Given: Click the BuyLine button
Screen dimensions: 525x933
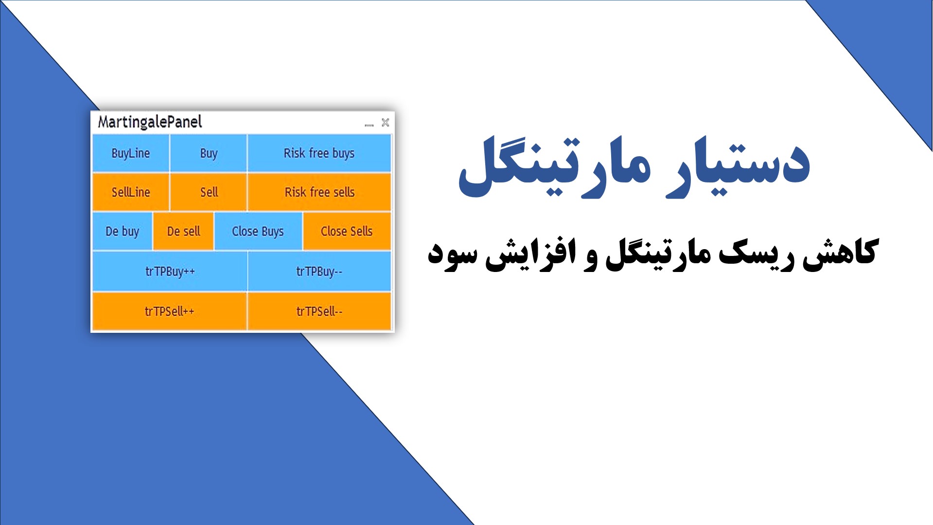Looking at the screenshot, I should point(130,153).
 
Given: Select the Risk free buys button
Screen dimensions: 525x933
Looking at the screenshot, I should point(319,153).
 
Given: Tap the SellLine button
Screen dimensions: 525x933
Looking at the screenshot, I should point(130,192).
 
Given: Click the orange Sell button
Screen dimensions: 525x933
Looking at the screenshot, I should point(209,192).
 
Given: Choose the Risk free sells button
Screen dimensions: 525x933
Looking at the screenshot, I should point(319,192).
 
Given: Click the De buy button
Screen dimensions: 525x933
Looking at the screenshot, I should point(122,231).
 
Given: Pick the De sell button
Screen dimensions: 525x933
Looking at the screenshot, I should point(183,231).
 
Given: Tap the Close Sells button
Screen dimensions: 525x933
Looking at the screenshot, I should point(346,231).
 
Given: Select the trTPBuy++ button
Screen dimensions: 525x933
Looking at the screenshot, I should point(170,271).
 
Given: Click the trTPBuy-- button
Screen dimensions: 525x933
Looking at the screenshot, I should point(319,271).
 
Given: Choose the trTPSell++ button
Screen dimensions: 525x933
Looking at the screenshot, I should point(169,311).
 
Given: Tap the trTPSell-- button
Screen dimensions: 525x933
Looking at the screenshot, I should point(319,311).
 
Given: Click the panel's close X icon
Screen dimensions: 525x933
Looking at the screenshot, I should point(385,123).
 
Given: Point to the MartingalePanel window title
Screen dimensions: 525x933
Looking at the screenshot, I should point(150,122).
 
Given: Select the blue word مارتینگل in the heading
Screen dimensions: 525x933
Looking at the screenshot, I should point(554,165).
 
